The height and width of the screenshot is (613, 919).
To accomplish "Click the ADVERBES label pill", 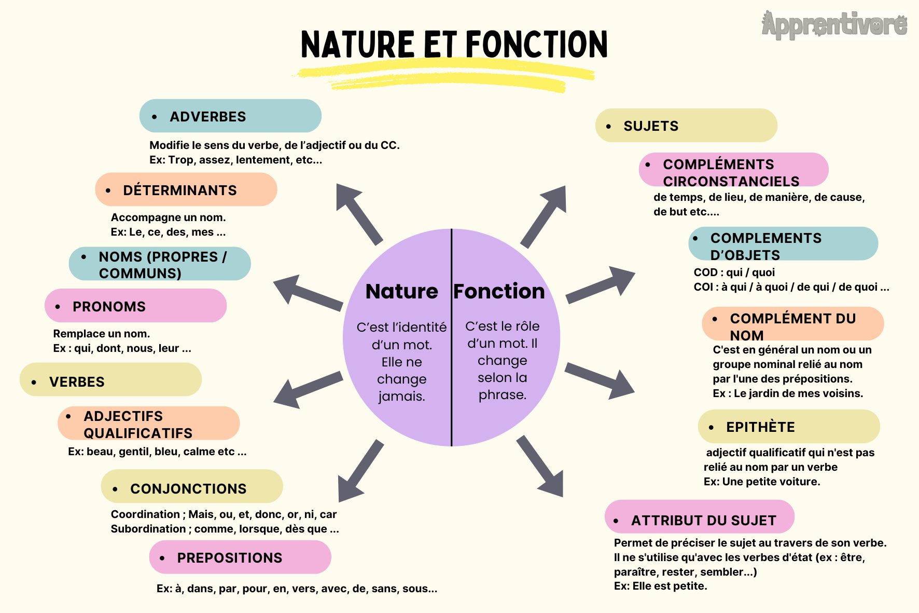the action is click(x=230, y=116).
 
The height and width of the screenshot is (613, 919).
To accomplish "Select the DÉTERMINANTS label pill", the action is click(x=186, y=189).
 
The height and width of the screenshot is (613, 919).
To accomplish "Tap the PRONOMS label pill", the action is click(x=136, y=306).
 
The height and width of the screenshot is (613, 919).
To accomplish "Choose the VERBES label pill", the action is click(x=110, y=379).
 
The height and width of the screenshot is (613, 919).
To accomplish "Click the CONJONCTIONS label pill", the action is click(x=192, y=486).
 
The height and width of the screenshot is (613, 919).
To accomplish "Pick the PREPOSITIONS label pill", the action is click(x=240, y=557).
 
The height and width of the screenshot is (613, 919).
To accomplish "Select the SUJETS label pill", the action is click(x=686, y=125).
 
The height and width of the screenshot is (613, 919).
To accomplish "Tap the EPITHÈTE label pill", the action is click(x=789, y=427).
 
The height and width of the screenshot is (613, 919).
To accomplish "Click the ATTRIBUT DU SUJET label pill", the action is click(x=700, y=517).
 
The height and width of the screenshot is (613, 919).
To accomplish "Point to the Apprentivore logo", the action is click(x=834, y=25).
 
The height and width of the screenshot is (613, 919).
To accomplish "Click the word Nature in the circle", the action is click(x=402, y=291).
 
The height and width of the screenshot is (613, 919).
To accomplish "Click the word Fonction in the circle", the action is click(x=499, y=291).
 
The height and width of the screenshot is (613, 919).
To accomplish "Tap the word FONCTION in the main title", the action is click(x=537, y=44).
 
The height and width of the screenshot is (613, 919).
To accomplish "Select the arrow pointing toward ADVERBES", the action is click(x=359, y=214).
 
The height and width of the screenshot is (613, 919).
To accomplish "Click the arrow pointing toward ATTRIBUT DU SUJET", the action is click(x=540, y=466).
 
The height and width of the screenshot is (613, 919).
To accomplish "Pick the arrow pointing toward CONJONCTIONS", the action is click(x=360, y=471).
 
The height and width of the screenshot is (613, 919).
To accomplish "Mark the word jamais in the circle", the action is click(x=401, y=397).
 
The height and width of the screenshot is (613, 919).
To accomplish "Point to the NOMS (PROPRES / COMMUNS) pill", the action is click(x=160, y=264).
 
